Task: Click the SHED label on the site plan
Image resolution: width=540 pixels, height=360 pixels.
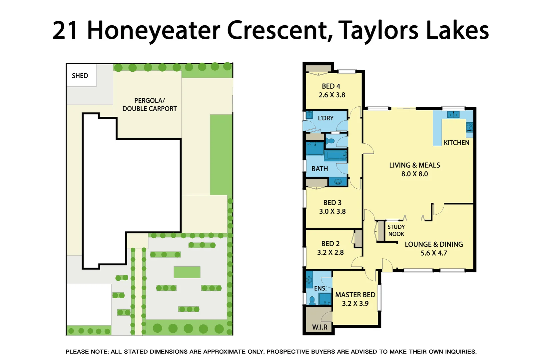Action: pyautogui.click(x=80, y=76)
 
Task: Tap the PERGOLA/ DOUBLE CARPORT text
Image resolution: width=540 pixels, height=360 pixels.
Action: pyautogui.click(x=150, y=105)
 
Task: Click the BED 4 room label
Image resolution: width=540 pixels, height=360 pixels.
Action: pyautogui.click(x=331, y=86)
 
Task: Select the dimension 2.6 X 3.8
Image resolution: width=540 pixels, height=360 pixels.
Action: pyautogui.click(x=332, y=95)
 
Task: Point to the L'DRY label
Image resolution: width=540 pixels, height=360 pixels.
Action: pyautogui.click(x=325, y=118)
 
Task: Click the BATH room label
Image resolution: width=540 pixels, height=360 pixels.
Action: pyautogui.click(x=319, y=169)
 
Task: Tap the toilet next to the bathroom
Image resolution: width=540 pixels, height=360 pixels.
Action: pyautogui.click(x=330, y=141)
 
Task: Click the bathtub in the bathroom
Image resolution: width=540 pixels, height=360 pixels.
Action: pyautogui.click(x=336, y=155)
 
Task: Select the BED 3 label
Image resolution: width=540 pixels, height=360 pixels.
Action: pyautogui.click(x=332, y=203)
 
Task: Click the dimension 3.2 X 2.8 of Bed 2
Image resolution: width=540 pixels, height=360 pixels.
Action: pyautogui.click(x=330, y=253)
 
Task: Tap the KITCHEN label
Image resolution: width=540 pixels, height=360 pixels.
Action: pyautogui.click(x=456, y=143)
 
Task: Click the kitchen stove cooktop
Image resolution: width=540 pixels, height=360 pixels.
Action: pyautogui.click(x=469, y=127)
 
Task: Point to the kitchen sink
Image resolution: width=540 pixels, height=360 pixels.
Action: pyautogui.click(x=453, y=115)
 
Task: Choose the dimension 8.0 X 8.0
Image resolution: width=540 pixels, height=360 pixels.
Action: pyautogui.click(x=414, y=174)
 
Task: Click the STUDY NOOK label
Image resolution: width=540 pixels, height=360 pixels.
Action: pyautogui.click(x=396, y=230)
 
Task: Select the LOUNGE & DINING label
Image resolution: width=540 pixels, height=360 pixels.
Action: pyautogui.click(x=434, y=244)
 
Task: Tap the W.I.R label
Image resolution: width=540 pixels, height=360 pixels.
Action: pyautogui.click(x=319, y=327)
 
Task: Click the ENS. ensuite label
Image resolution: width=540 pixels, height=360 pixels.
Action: pyautogui.click(x=320, y=288)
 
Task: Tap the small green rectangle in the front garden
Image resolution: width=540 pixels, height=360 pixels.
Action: pyautogui.click(x=187, y=272)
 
